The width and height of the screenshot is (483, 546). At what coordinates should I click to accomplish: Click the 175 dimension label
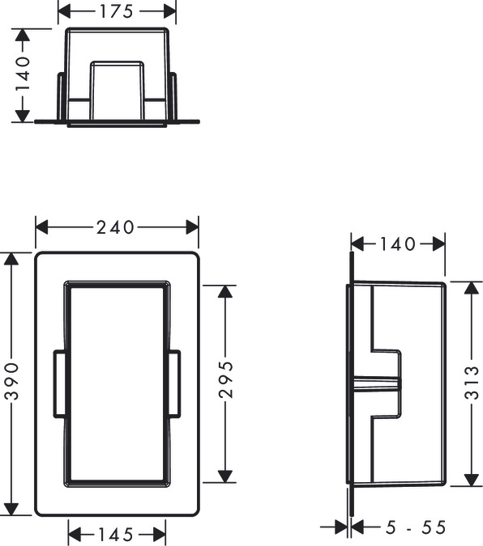[x=117, y=12]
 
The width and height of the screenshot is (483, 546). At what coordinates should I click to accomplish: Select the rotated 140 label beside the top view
[x=24, y=74]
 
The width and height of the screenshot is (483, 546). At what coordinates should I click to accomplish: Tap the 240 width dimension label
[x=115, y=228]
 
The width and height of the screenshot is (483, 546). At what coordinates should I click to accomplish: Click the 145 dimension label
[x=117, y=534]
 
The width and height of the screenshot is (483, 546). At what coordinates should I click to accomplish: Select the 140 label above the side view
[x=397, y=243]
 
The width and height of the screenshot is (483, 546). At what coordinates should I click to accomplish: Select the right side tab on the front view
[x=174, y=383]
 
